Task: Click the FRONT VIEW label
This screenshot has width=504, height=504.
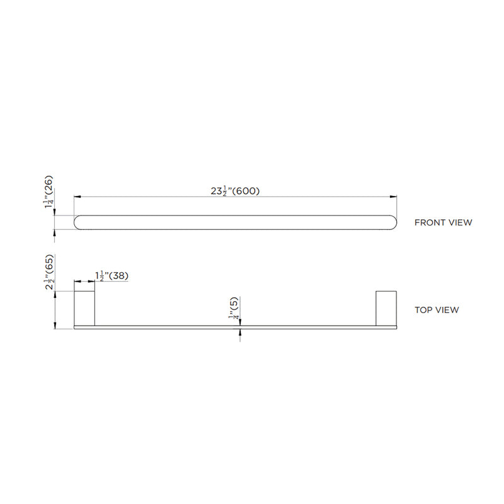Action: (443, 222)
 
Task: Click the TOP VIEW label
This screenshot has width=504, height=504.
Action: (437, 310)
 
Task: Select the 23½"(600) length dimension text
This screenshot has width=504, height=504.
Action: (236, 192)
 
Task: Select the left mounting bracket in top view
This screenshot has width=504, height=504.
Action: (84, 308)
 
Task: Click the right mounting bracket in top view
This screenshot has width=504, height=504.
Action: (386, 308)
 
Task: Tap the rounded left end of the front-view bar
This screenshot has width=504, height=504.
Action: (79, 222)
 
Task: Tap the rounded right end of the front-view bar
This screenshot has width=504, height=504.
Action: (393, 222)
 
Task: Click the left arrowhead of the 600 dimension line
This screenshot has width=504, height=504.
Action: (77, 198)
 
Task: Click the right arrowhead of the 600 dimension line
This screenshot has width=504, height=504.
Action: (394, 198)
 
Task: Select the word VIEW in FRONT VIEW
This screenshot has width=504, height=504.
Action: (459, 222)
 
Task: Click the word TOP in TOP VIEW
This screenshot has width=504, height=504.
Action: (423, 310)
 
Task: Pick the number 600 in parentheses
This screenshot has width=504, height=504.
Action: (248, 192)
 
